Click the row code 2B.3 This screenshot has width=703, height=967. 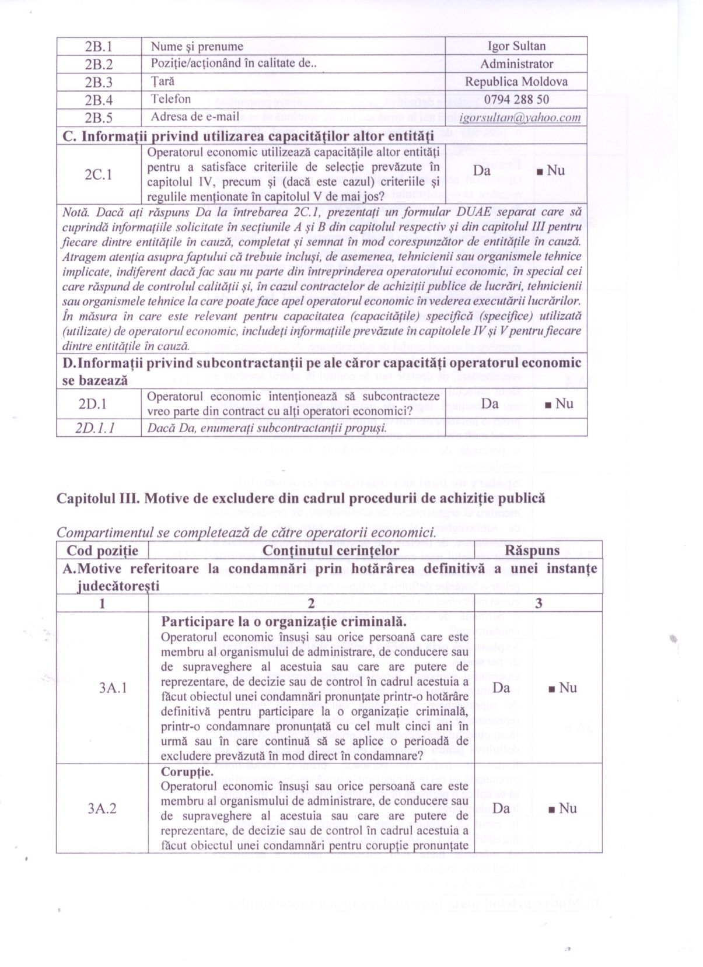99,82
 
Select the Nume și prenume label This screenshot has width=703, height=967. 197,46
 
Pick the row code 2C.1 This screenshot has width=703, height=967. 99,174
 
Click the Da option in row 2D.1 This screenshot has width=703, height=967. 490,404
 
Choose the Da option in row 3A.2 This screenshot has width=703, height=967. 501,808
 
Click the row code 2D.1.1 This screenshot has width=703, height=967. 95,428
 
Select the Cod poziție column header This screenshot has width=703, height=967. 103,551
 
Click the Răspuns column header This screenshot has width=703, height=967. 532,551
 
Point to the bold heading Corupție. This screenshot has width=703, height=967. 187,772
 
